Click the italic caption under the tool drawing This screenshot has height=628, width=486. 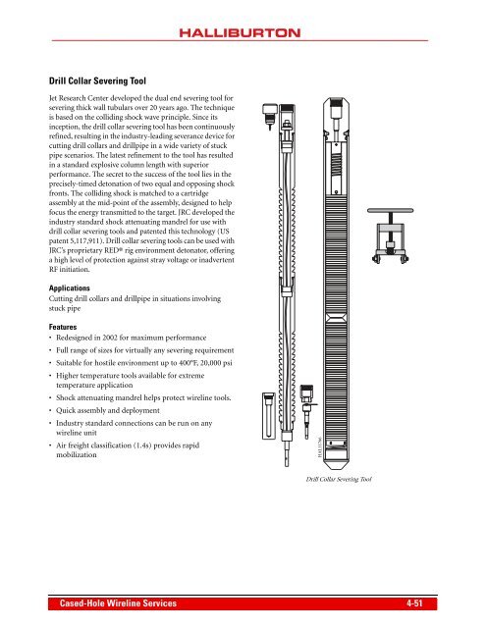coord(337,480)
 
